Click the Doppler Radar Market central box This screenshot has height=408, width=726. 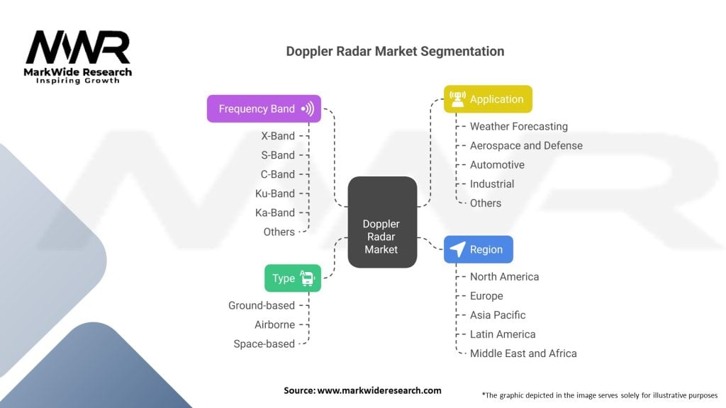tap(382, 222)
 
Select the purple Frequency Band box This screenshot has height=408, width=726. tap(264, 109)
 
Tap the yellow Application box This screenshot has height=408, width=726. tap(488, 99)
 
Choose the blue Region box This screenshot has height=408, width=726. tap(479, 249)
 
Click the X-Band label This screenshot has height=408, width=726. tap(278, 136)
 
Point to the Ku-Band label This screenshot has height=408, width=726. tap(275, 193)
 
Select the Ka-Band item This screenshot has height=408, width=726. tap(275, 212)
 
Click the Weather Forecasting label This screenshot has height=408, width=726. tap(519, 126)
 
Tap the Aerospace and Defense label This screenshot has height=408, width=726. tap(526, 145)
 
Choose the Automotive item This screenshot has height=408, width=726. tap(497, 164)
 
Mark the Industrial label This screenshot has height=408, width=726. tap(492, 183)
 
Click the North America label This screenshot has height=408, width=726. tap(504, 276)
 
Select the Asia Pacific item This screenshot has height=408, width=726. tap(498, 314)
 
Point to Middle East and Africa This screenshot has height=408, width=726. tap(523, 353)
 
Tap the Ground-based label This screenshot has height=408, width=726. tap(262, 305)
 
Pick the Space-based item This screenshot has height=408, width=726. tap(264, 344)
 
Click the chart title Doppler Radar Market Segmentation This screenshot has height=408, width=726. tap(395, 51)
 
